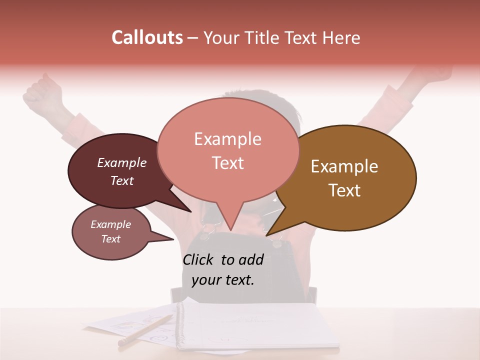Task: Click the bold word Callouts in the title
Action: [x=147, y=37]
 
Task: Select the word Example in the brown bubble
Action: [x=344, y=166]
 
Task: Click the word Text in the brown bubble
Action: [x=344, y=190]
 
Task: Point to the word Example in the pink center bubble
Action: [x=227, y=139]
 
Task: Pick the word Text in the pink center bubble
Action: [x=227, y=163]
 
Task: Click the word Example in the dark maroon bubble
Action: [x=121, y=163]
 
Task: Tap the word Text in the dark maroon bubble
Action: [x=121, y=180]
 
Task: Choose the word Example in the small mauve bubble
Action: [x=110, y=224]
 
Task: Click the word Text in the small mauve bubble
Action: [x=110, y=239]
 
